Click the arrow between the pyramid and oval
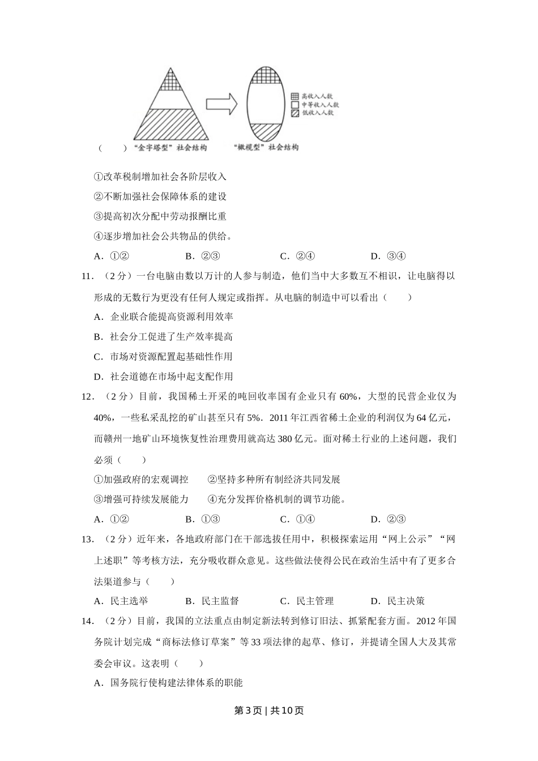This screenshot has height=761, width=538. pyautogui.click(x=220, y=104)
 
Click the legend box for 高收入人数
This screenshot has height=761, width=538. pyautogui.click(x=295, y=97)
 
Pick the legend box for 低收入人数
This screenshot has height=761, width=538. pyautogui.click(x=295, y=113)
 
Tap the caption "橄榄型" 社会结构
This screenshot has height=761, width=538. pyautogui.click(x=265, y=147)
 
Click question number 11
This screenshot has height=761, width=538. pyautogui.click(x=87, y=276)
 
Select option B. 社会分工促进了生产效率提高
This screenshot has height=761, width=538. pyautogui.click(x=163, y=337)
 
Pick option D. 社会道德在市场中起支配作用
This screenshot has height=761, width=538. pyautogui.click(x=163, y=377)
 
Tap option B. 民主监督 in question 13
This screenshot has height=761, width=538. pyautogui.click(x=212, y=601)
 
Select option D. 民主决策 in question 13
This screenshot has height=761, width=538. pyautogui.click(x=398, y=601)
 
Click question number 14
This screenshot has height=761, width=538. pyautogui.click(x=87, y=621)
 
